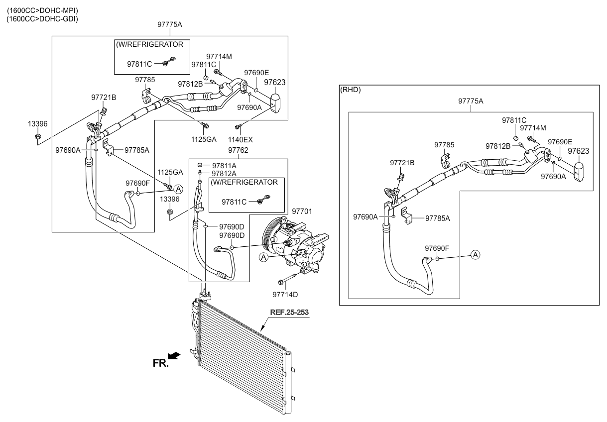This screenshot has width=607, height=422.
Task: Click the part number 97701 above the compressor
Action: point(302,212)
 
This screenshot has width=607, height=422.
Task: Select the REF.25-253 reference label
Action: point(290,313)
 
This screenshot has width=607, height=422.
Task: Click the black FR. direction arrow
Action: point(174,355)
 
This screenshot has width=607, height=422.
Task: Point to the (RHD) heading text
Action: point(350,90)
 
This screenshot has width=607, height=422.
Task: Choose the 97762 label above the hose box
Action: point(239,150)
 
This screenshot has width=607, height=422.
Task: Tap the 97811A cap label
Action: point(224,165)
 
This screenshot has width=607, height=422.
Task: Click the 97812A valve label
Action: point(224,173)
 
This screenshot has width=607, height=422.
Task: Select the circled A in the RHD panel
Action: point(476,255)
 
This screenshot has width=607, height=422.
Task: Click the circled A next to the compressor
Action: point(264,257)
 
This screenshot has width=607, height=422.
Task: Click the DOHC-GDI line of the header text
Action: point(42,19)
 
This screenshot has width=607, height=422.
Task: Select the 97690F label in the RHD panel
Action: point(437,248)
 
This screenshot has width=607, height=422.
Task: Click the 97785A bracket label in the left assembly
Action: point(137,149)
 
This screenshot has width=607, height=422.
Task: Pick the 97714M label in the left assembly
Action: point(219,56)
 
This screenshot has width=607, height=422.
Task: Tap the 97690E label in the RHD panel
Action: point(560,142)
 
